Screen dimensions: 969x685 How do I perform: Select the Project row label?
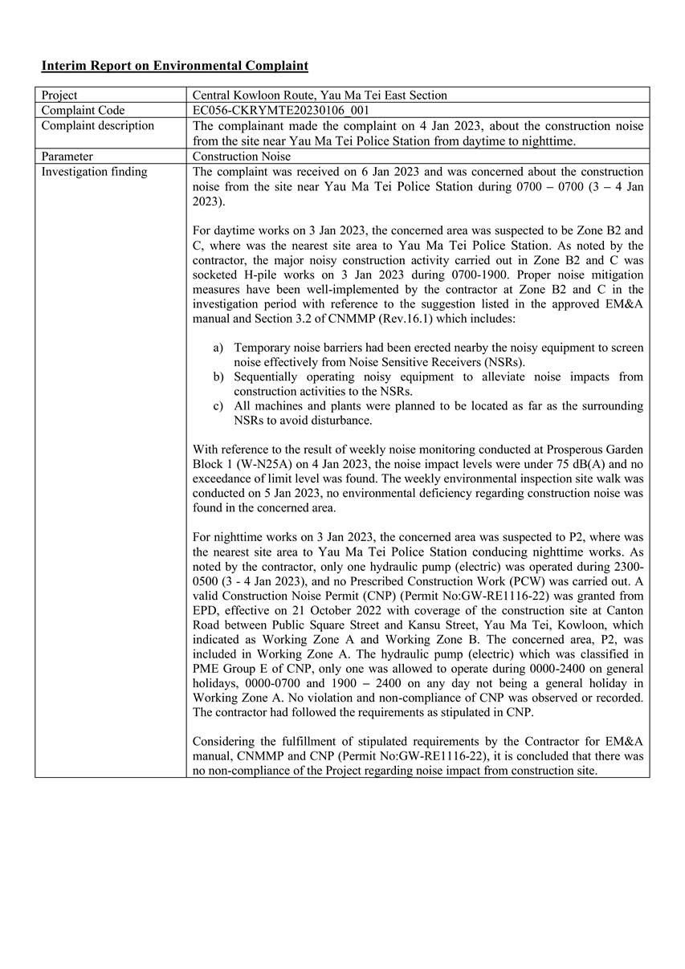[x=59, y=95]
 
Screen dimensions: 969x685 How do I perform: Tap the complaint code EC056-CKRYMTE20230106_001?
[x=281, y=110]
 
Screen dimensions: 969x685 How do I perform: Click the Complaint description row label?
[x=97, y=125]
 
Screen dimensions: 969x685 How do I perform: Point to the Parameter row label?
[x=67, y=157]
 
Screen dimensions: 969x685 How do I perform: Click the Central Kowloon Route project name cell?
[x=320, y=95]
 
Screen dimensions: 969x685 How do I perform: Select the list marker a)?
[x=218, y=348]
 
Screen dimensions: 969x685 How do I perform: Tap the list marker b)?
[x=218, y=377]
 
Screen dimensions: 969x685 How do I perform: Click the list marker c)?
[x=218, y=405]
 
